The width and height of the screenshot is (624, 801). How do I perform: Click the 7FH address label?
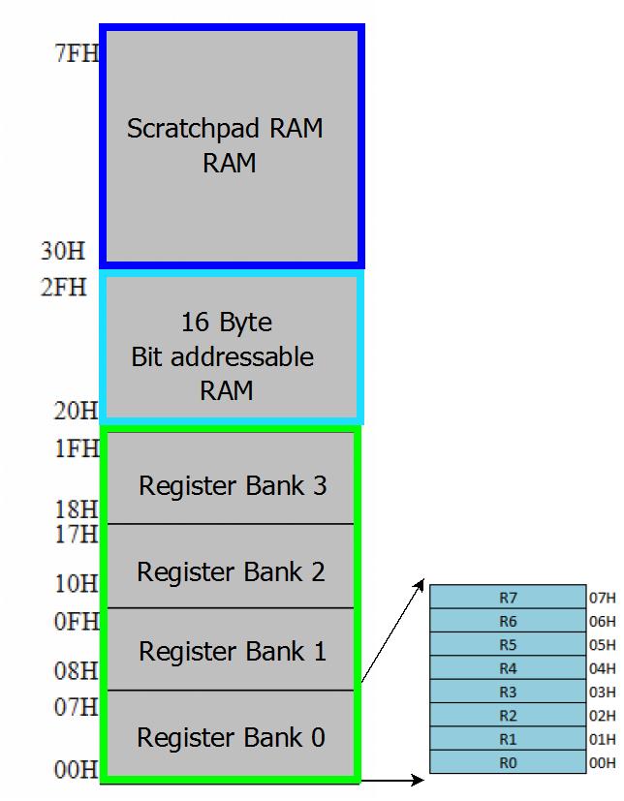point(77,53)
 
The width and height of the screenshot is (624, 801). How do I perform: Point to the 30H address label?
point(63,251)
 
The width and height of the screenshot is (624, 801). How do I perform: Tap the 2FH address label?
point(63,287)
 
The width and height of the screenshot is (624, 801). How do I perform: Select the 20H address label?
point(77,411)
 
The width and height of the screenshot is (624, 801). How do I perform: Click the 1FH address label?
point(77,448)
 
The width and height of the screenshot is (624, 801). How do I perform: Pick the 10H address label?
point(77,583)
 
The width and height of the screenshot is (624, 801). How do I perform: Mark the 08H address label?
point(77,671)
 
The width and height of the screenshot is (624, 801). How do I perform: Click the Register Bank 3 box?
point(231,478)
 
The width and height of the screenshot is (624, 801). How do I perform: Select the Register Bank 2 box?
point(231,566)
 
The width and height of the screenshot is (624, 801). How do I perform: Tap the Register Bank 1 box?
point(231,649)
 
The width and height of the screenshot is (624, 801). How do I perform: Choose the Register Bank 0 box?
point(231,733)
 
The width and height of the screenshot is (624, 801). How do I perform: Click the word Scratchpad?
point(195,129)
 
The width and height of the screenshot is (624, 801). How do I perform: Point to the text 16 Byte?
point(227,323)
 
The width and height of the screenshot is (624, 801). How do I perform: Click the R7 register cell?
point(508,597)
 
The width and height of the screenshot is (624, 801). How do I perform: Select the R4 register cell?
point(508,667)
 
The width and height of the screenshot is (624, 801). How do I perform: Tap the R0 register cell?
point(508,762)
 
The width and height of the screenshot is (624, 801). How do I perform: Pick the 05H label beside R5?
point(602,645)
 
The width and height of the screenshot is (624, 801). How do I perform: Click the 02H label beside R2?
point(602,715)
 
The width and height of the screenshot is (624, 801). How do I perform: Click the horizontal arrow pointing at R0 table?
point(392,780)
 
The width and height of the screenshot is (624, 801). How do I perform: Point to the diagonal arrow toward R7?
point(393,631)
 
